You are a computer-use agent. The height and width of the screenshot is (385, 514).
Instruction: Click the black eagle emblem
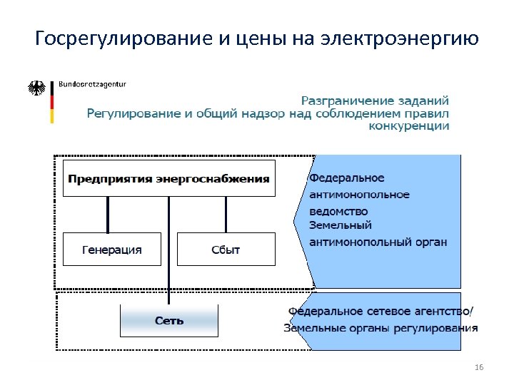[36, 88]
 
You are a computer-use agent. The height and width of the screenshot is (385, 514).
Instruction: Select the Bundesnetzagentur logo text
[91, 84]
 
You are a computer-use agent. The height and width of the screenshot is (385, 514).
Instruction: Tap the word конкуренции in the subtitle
[409, 126]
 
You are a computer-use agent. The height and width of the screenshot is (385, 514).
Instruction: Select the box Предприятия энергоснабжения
[168, 178]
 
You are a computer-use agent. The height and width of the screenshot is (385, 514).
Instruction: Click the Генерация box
[112, 250]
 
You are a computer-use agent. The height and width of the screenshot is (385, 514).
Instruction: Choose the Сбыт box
[226, 250]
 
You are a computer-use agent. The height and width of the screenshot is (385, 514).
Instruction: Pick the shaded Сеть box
[169, 320]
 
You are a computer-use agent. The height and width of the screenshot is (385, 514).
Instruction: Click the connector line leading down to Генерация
[108, 214]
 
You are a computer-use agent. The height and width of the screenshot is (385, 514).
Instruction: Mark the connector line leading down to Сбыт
[226, 214]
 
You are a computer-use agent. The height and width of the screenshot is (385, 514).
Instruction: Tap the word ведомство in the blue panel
[338, 211]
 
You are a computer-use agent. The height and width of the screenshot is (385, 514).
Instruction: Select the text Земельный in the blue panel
[341, 226]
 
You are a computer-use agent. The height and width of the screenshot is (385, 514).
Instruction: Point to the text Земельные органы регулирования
[381, 328]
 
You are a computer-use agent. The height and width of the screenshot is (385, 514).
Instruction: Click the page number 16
[478, 367]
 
